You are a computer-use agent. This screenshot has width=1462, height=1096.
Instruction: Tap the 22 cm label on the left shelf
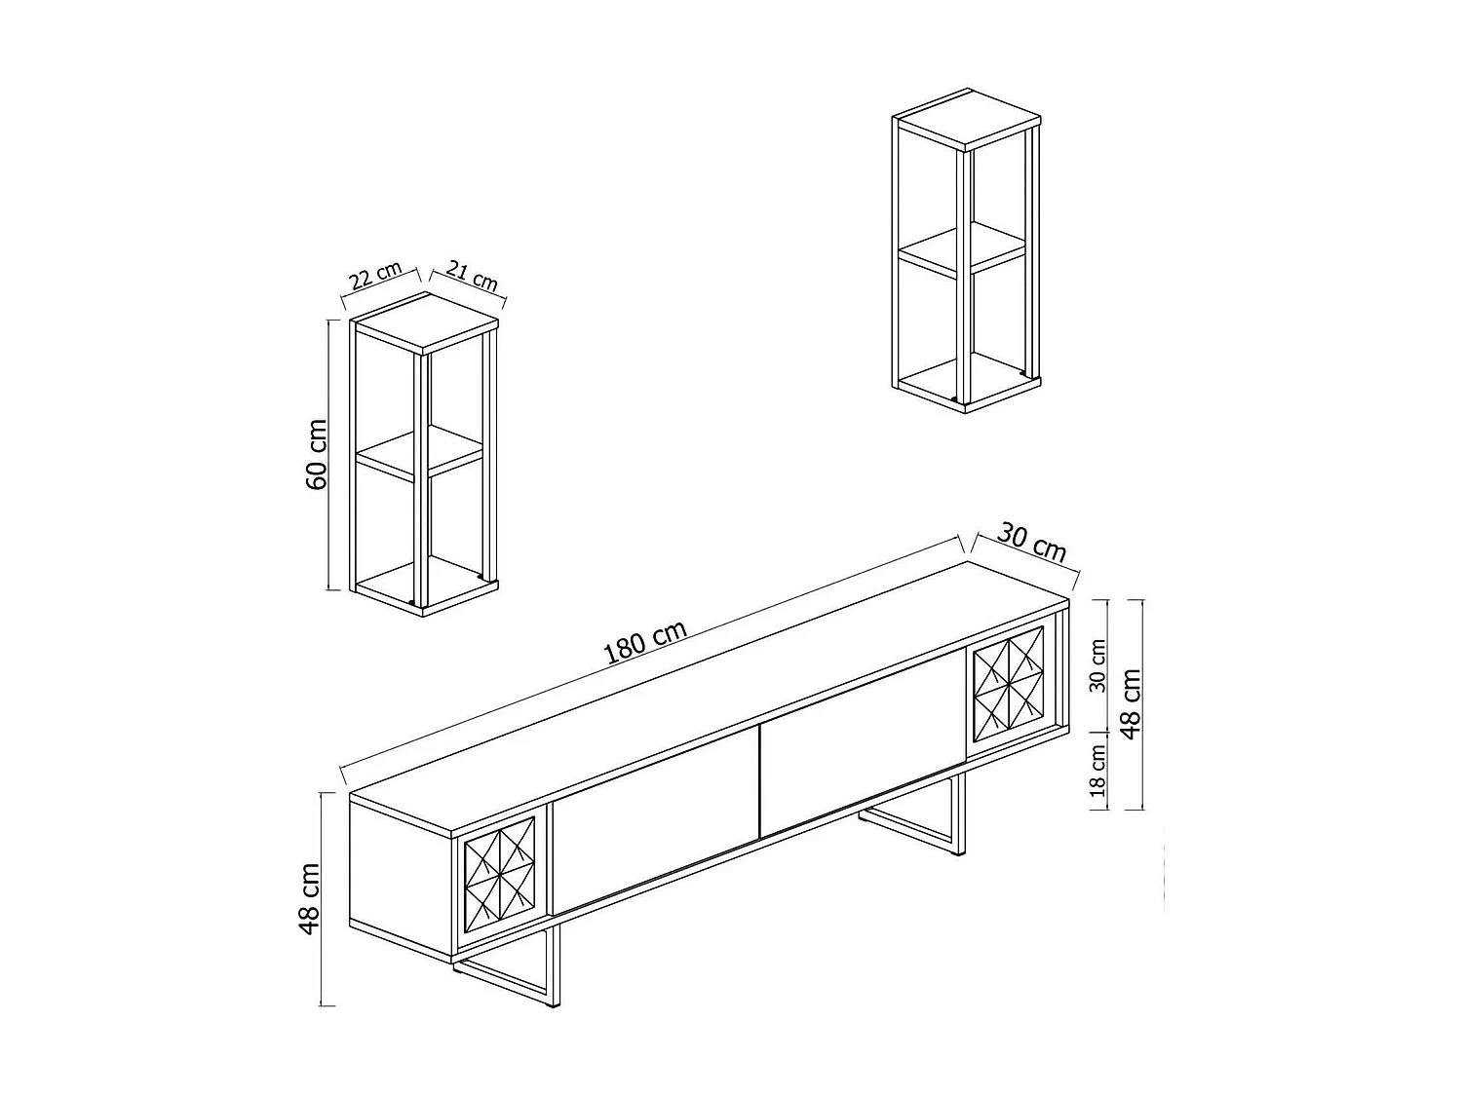(375, 278)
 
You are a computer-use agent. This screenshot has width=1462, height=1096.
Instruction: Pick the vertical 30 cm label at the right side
(1098, 665)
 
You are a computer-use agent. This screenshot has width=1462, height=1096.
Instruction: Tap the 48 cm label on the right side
(1131, 703)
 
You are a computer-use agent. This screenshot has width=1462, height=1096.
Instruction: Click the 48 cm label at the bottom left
(310, 898)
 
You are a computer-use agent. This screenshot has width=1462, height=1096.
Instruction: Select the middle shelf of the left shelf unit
(421, 453)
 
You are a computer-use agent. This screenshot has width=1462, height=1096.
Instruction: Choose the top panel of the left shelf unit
(425, 322)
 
